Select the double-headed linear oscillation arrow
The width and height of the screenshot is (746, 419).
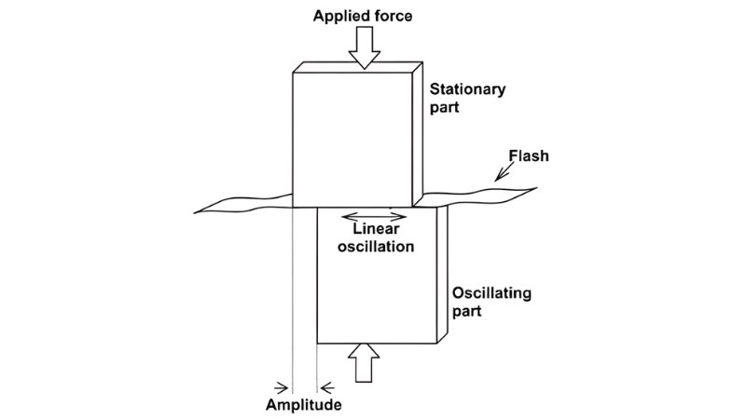pyautogui.click(x=373, y=218)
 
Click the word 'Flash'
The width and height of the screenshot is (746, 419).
pyautogui.click(x=530, y=155)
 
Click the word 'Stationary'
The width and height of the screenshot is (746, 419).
pyautogui.click(x=467, y=90)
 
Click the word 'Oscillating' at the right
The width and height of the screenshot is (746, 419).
pyautogui.click(x=491, y=293)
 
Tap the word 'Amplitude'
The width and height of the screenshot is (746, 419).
pyautogui.click(x=304, y=406)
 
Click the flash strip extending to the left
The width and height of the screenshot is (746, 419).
pyautogui.click(x=242, y=202)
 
